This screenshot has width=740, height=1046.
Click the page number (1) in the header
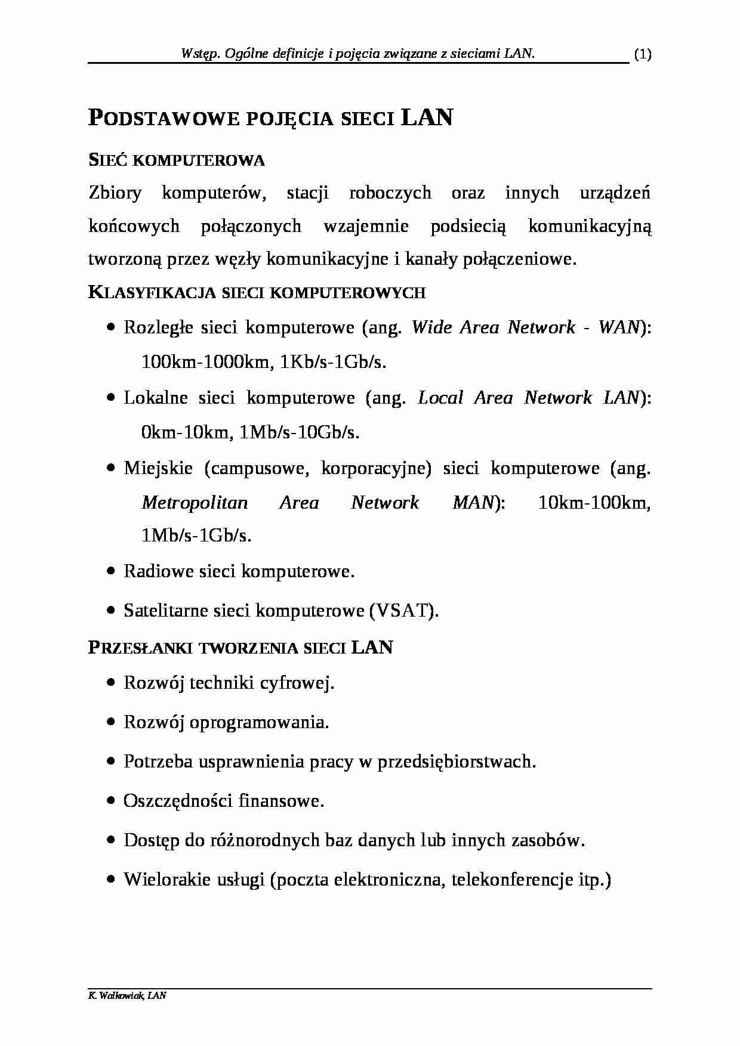pyautogui.click(x=642, y=55)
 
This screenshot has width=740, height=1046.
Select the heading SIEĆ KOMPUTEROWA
pyautogui.click(x=177, y=160)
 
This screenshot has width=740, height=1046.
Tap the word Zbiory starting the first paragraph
pyautogui.click(x=115, y=193)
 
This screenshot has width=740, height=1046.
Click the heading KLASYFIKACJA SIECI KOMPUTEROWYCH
pyautogui.click(x=257, y=293)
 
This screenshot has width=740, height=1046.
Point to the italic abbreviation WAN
pyautogui.click(x=618, y=327)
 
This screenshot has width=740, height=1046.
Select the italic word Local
pyautogui.click(x=440, y=398)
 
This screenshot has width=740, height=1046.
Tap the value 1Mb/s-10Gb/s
pyautogui.click(x=299, y=432)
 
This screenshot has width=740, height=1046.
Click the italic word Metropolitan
pyautogui.click(x=195, y=503)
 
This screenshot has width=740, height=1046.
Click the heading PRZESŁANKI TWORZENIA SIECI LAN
pyautogui.click(x=240, y=648)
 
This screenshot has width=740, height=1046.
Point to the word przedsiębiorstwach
pyautogui.click(x=457, y=762)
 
